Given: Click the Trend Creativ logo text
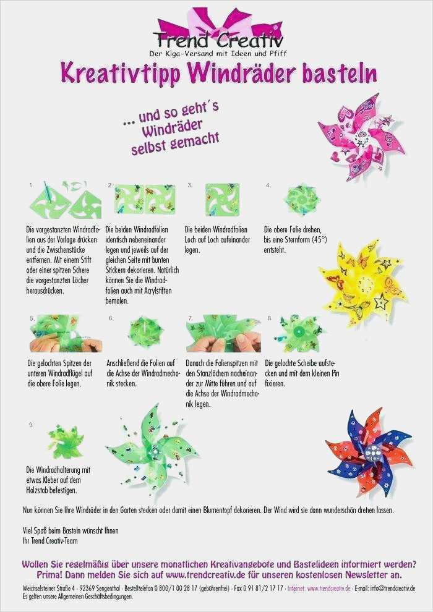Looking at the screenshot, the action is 218,40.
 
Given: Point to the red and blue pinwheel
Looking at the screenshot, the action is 369,452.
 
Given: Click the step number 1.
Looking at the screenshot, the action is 31,185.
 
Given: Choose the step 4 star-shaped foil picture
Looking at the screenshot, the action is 302,200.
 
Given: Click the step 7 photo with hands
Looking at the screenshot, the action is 223,334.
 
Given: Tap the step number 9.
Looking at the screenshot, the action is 31,425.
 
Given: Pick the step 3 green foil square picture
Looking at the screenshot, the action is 223,200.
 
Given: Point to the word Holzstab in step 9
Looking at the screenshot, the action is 38,490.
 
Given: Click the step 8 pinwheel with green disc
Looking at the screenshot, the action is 299,333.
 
